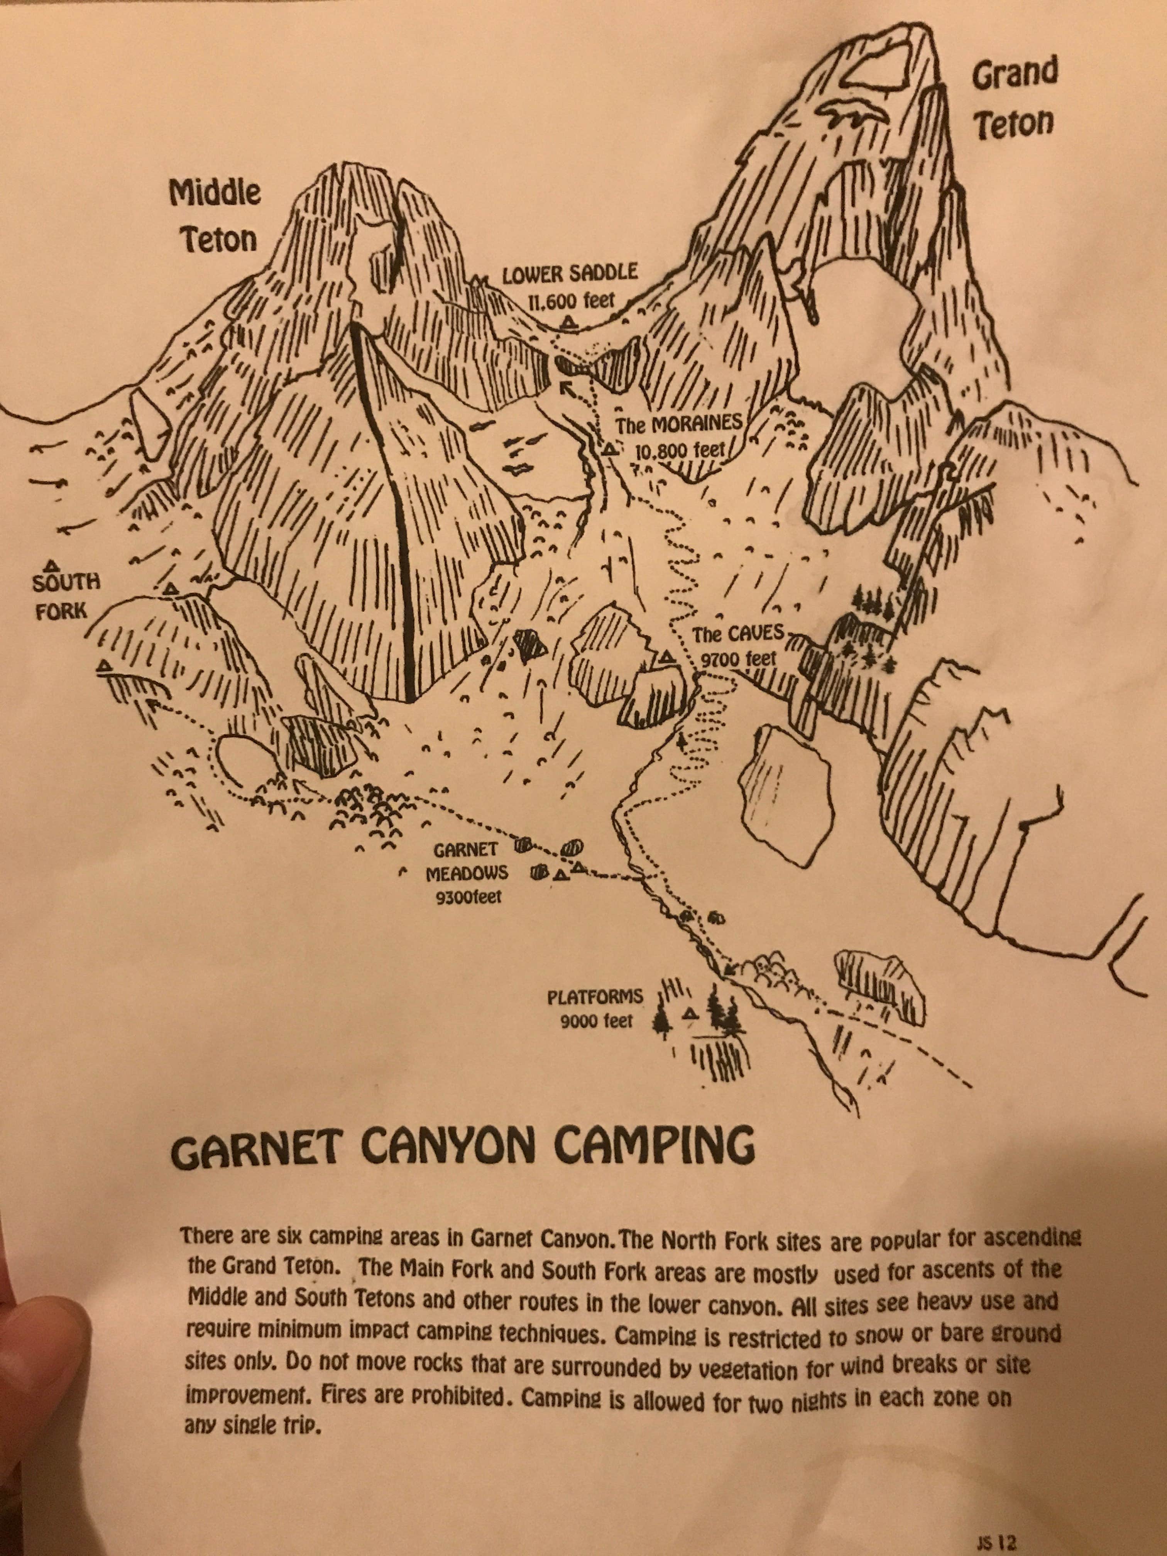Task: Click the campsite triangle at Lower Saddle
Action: (x=569, y=323)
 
